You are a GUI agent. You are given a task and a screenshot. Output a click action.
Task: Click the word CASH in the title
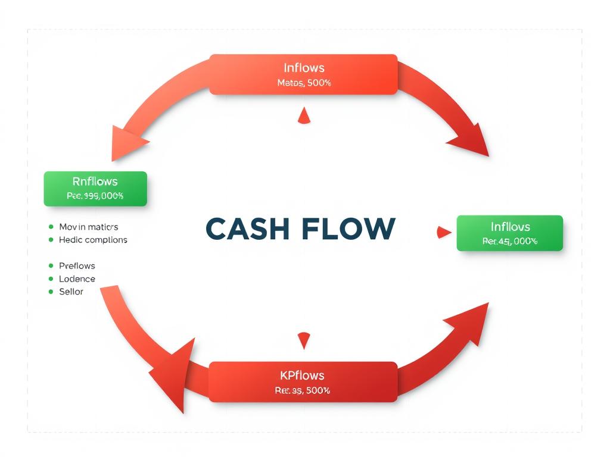251,229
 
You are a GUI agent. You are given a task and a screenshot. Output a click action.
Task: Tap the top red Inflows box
303,74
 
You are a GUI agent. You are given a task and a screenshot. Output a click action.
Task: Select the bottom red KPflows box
303,381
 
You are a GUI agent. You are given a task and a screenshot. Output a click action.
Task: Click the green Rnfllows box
95,189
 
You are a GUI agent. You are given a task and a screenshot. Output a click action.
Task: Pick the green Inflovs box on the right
510,233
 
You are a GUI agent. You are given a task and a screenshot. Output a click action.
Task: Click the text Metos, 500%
304,83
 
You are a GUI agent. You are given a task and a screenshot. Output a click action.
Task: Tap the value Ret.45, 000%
510,241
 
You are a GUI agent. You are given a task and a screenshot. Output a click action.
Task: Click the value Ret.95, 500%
303,390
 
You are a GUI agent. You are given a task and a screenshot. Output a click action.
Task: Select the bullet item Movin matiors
88,227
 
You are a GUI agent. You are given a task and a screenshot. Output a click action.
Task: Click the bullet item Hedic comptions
93,240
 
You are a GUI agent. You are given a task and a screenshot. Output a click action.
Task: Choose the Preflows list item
77,265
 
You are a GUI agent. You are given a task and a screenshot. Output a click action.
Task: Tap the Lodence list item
77,278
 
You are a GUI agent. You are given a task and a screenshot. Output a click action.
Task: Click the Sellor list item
71,292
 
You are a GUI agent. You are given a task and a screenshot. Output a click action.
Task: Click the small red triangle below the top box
304,117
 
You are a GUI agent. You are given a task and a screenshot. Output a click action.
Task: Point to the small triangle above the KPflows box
304,340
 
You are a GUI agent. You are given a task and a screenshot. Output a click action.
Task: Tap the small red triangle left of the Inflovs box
443,233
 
